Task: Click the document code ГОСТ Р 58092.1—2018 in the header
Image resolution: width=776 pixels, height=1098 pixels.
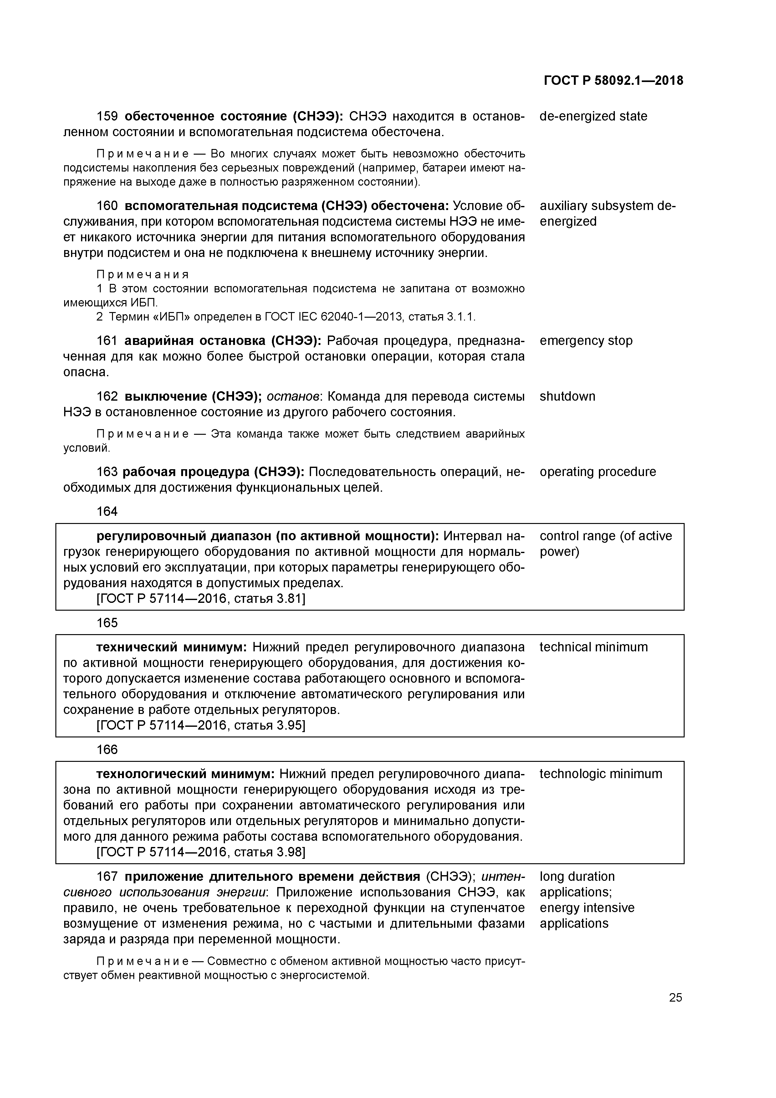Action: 613,80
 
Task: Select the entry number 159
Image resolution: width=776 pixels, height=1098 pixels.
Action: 107,116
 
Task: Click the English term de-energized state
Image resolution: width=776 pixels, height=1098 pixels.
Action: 593,116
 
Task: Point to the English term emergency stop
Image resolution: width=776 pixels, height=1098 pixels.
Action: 586,341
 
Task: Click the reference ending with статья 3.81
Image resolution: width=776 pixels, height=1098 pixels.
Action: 201,599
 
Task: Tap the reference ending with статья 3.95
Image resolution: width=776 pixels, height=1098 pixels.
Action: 201,726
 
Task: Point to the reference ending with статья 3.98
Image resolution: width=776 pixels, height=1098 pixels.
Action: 201,852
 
